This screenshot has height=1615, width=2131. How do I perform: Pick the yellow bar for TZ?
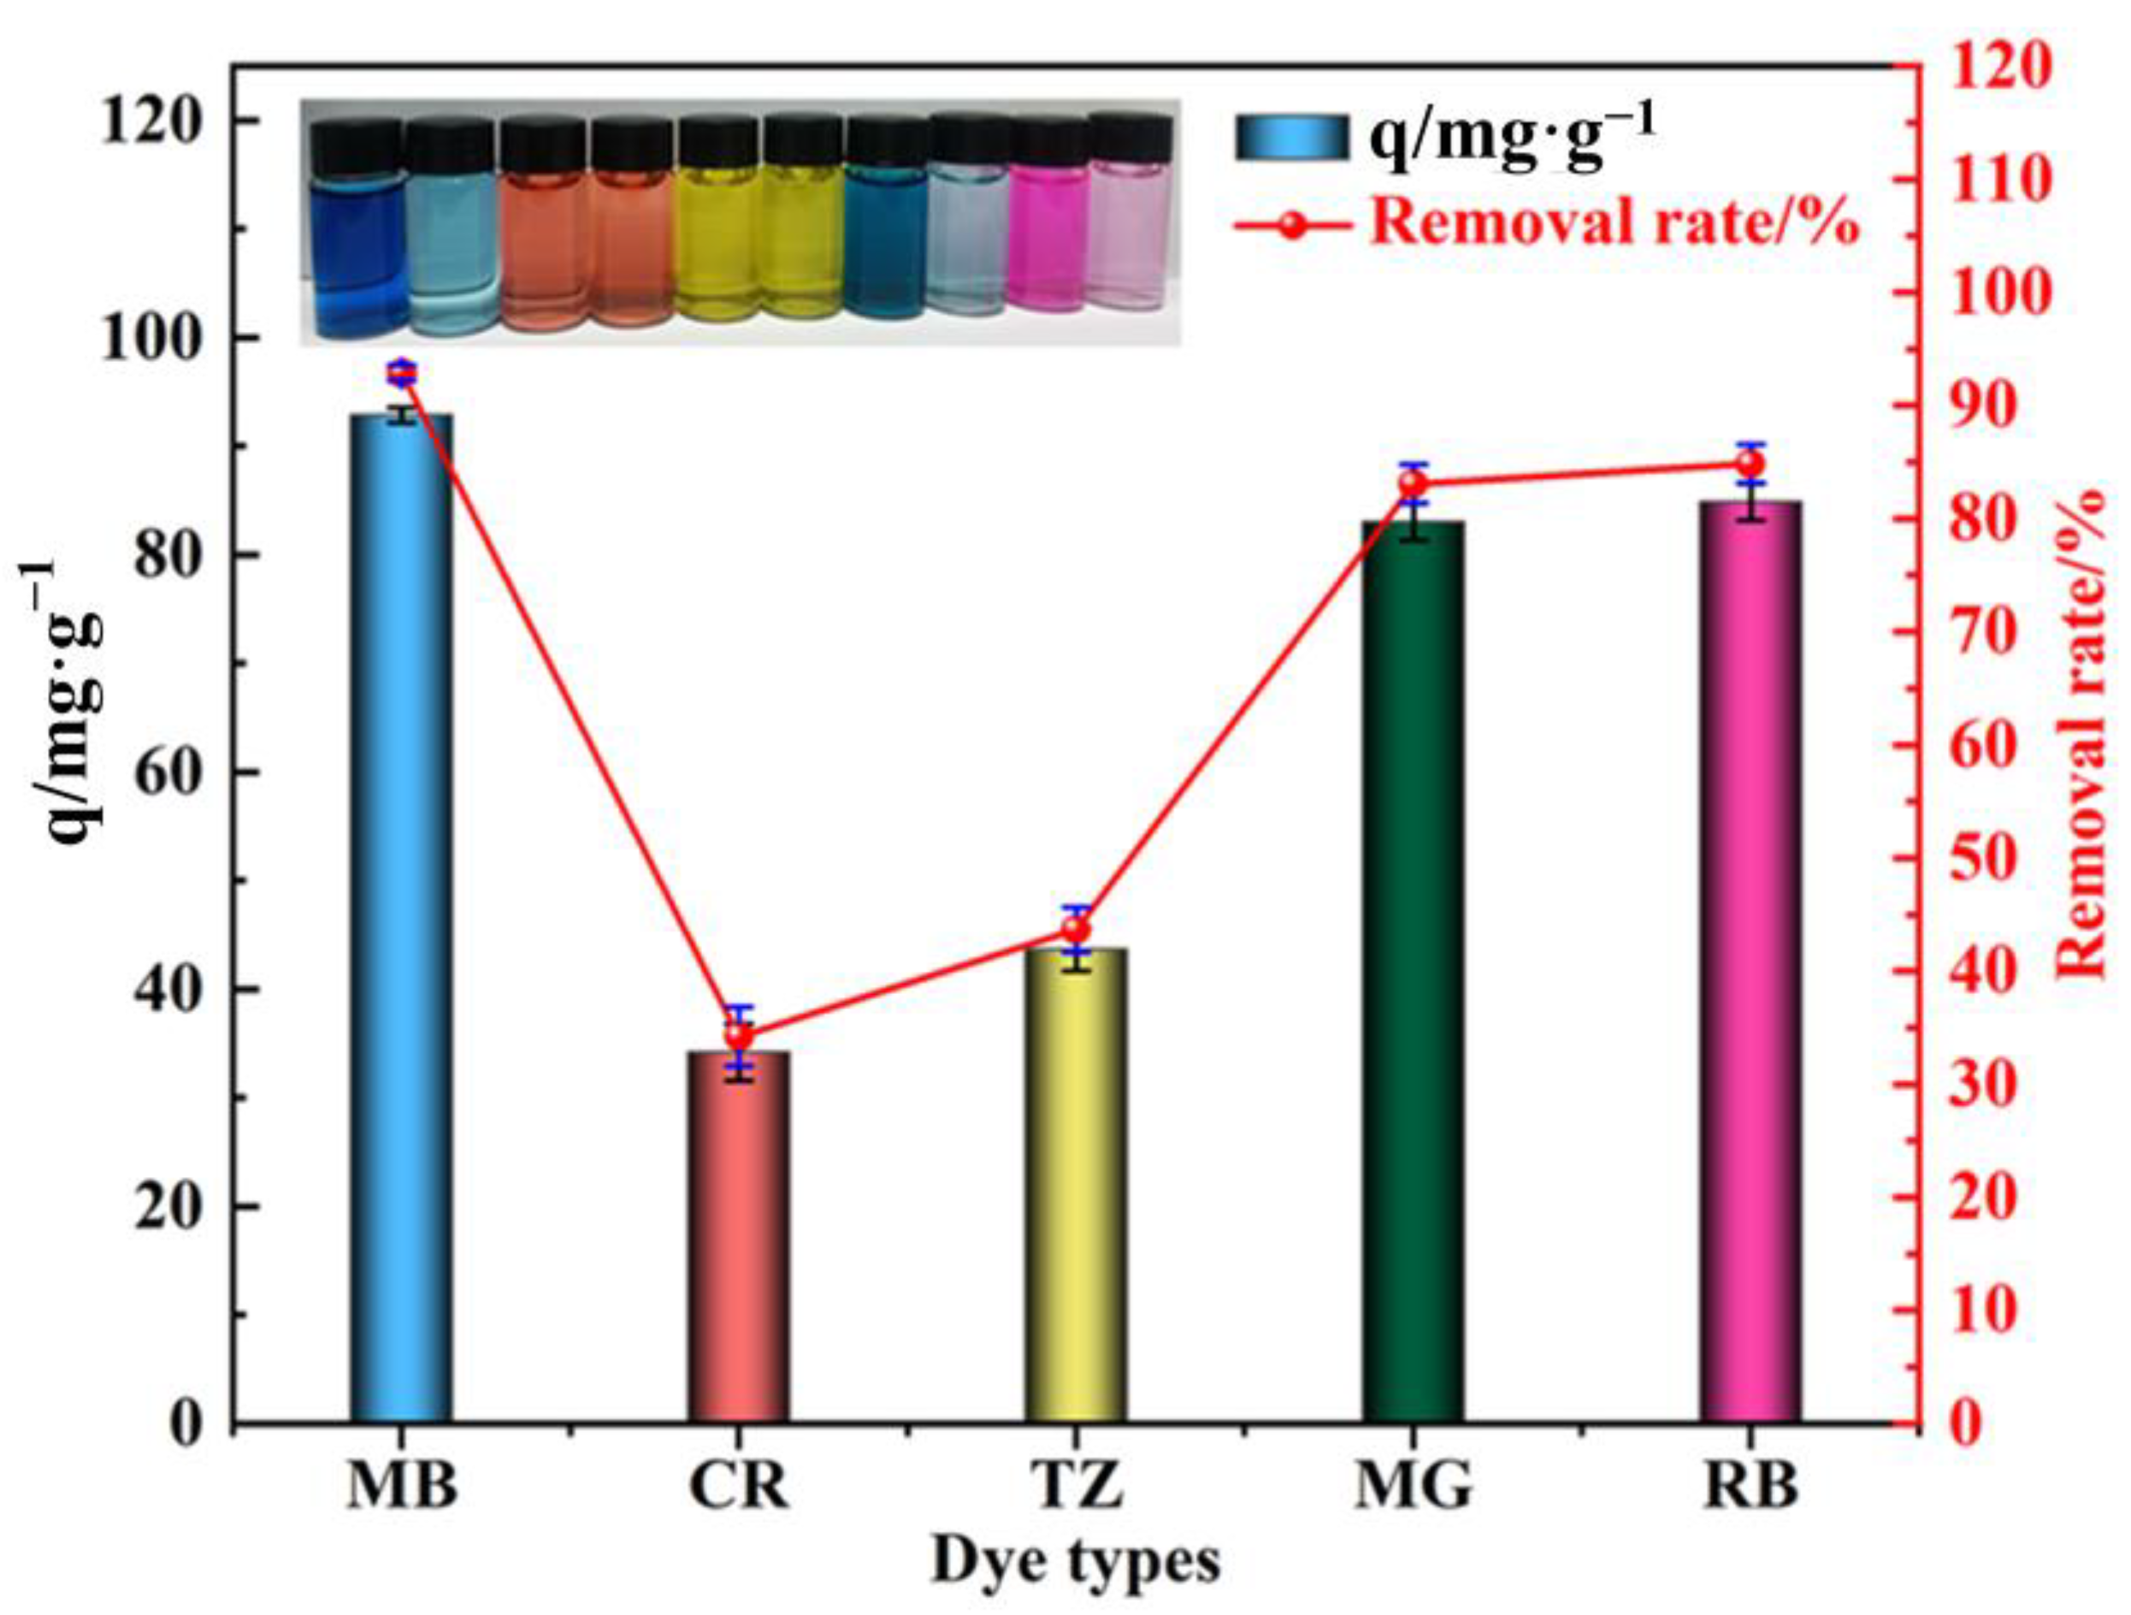(1076, 1186)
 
